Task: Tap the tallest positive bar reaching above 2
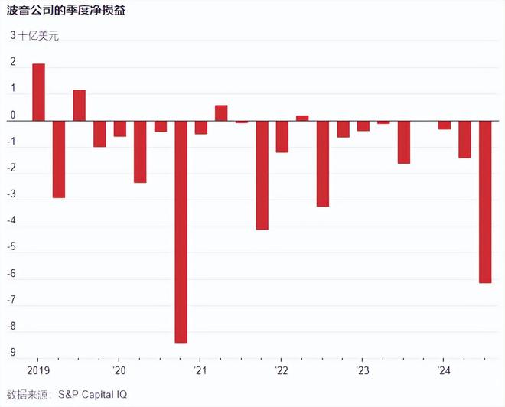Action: click(x=38, y=92)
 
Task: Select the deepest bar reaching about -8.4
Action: click(x=181, y=231)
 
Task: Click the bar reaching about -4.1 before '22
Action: click(x=262, y=175)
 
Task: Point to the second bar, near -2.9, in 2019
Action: click(x=59, y=159)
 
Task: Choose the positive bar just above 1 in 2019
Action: click(x=79, y=106)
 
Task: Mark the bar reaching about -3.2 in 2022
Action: click(x=323, y=164)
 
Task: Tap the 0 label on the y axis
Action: click(x=13, y=116)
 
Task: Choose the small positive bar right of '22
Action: click(x=302, y=118)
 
